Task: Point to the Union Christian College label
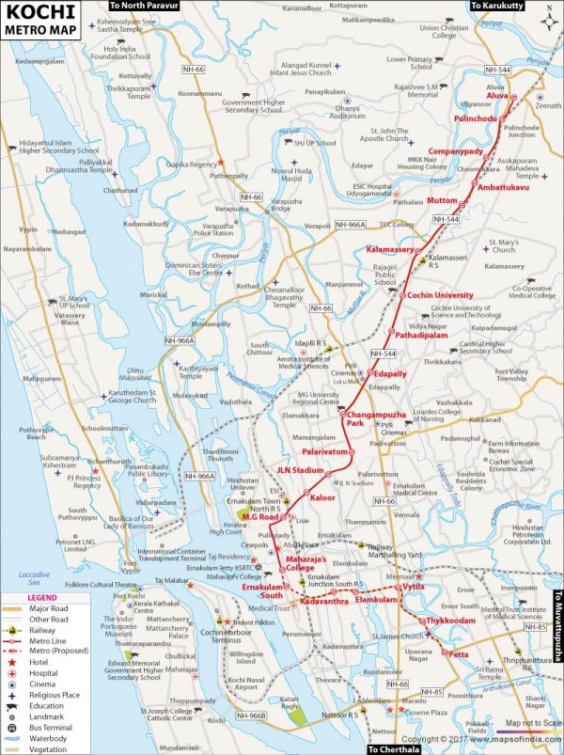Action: tap(444, 32)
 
